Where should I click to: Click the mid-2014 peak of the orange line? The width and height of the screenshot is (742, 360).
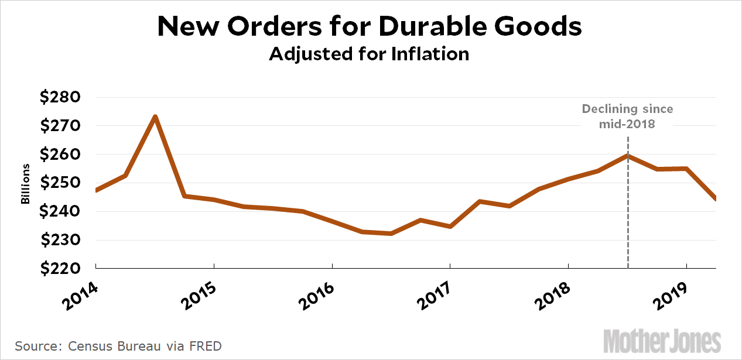[155, 116]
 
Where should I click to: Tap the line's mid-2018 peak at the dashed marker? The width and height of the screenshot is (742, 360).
[627, 156]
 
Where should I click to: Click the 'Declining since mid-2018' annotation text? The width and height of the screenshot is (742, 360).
[627, 116]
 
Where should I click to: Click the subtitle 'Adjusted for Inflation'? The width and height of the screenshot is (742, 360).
[369, 54]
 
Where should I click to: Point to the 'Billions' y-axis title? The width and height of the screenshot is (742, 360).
[25, 185]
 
